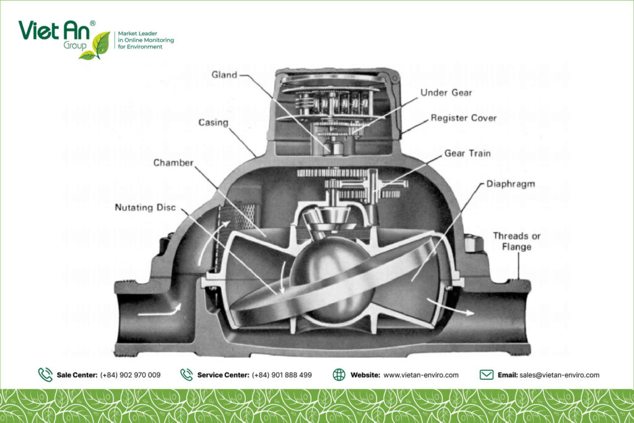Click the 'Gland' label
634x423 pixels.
click(224, 75)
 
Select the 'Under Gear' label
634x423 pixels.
click(446, 93)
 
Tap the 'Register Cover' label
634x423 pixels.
click(464, 118)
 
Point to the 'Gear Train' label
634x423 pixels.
click(467, 153)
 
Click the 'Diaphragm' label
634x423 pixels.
click(510, 184)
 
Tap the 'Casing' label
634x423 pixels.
click(213, 123)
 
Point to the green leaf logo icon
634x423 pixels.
click(97, 45)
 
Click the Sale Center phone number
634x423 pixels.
click(130, 375)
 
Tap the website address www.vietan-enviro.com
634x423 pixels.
click(421, 375)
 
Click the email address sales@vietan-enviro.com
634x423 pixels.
click(559, 375)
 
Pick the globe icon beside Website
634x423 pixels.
click(339, 375)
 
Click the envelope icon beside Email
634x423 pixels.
click(487, 375)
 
